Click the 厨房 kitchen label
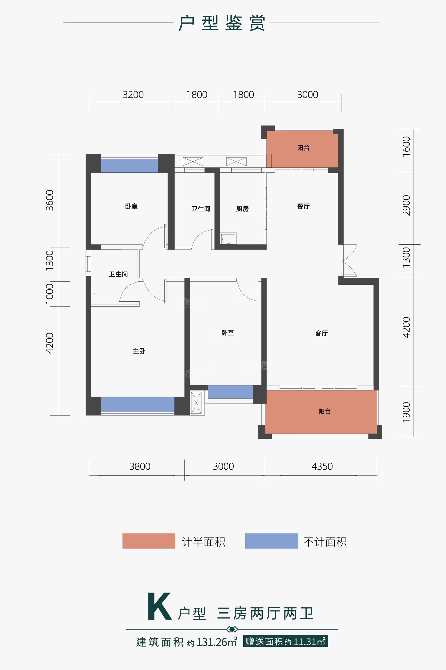tap(242, 209)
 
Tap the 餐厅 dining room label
tap(303, 206)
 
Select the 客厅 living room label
tap(321, 333)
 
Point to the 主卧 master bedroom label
tap(139, 351)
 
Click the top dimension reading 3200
tap(133, 95)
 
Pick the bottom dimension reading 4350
tap(322, 466)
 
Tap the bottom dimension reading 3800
tap(140, 466)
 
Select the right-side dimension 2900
tap(406, 206)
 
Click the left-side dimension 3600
tap(50, 200)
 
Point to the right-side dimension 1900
tap(406, 412)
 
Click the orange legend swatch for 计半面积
tap(149, 541)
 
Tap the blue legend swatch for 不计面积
tap(271, 541)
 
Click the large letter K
tap(160, 607)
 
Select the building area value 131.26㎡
tap(217, 642)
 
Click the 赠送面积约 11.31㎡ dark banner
tap(286, 641)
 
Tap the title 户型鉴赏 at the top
tap(222, 23)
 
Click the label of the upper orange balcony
tap(303, 148)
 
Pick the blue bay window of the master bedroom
tap(138, 404)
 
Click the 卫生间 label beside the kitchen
tap(201, 209)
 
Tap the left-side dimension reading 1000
tap(50, 294)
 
